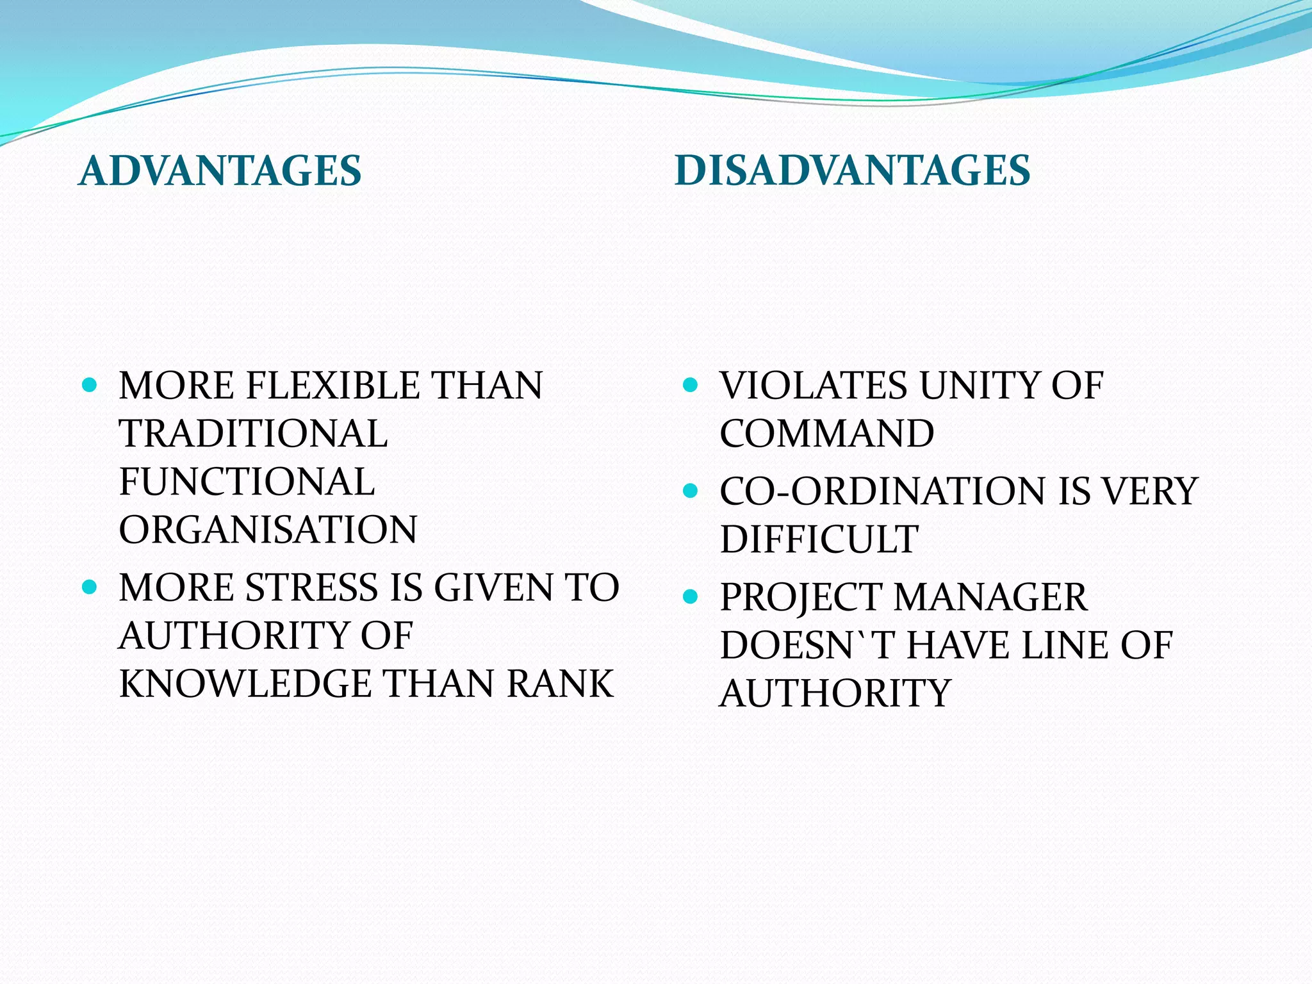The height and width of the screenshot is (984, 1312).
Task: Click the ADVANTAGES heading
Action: (x=220, y=171)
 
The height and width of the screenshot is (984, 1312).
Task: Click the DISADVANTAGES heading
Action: (x=852, y=171)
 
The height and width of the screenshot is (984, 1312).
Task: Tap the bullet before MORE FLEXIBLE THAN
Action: (x=90, y=385)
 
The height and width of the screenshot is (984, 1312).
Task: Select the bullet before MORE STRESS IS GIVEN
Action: (x=90, y=587)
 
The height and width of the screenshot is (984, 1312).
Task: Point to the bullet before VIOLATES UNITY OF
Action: (x=690, y=385)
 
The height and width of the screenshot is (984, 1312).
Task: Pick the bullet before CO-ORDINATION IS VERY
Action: (x=690, y=491)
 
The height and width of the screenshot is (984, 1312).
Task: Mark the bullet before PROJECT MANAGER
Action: (x=690, y=597)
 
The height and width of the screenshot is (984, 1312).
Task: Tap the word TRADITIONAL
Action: (x=254, y=434)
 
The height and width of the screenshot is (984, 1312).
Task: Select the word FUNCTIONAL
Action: (x=247, y=482)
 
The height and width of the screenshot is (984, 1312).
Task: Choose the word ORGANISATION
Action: (x=268, y=530)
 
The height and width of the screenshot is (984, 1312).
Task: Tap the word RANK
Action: (x=560, y=684)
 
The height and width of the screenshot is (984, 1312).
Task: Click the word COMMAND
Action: (x=827, y=434)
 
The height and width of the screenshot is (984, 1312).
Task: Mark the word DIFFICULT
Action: (x=819, y=539)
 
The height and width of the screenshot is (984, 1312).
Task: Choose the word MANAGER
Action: (x=990, y=597)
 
